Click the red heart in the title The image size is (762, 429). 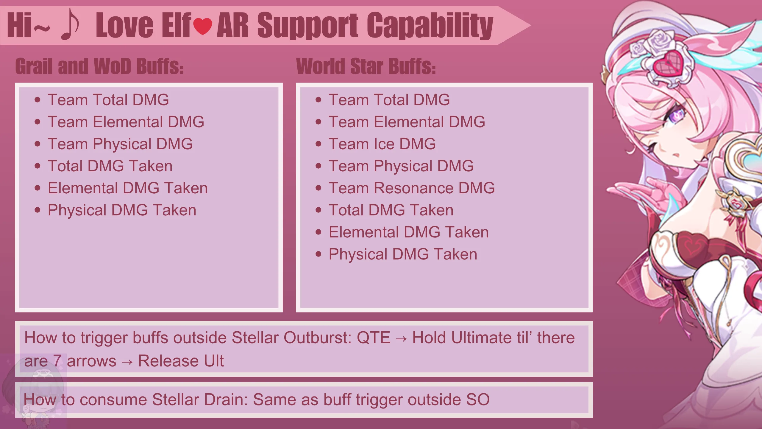(x=203, y=26)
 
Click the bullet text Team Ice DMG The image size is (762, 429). (x=382, y=144)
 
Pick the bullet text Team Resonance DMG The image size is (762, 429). (x=412, y=188)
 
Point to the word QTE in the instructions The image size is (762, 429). (x=374, y=338)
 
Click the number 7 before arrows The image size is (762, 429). (x=57, y=361)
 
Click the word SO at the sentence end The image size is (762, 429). (x=478, y=400)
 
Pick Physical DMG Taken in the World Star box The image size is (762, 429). (x=403, y=254)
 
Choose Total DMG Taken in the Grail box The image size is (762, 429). (x=110, y=166)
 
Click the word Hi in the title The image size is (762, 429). (x=19, y=25)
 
